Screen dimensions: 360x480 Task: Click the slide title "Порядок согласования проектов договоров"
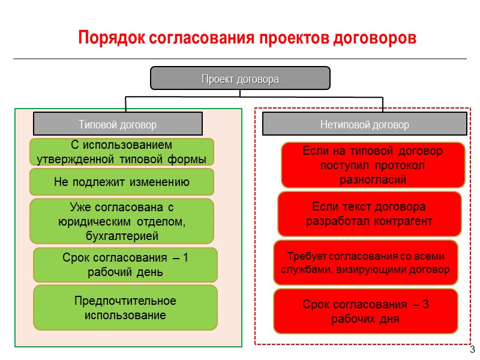pos(247,37)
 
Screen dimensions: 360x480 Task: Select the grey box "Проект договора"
pos(240,79)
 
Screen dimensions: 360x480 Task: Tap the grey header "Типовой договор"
pos(118,125)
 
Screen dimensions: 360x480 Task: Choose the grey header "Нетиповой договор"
pos(365,125)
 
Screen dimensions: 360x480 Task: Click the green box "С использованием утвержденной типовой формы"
pos(122,152)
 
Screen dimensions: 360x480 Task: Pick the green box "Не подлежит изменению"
pos(122,182)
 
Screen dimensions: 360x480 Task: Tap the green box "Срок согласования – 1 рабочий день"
pos(125,265)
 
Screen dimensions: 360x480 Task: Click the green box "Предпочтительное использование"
pos(125,307)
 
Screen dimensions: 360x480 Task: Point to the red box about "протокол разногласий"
pos(373,165)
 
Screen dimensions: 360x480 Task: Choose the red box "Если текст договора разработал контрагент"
pos(369,214)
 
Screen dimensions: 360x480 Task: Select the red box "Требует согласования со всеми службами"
pos(365,263)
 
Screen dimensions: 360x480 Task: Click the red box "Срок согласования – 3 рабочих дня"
pos(365,311)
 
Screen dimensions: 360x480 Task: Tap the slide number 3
pos(472,350)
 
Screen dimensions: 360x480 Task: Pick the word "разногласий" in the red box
pos(373,179)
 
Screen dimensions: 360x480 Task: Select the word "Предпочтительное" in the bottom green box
pos(125,300)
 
